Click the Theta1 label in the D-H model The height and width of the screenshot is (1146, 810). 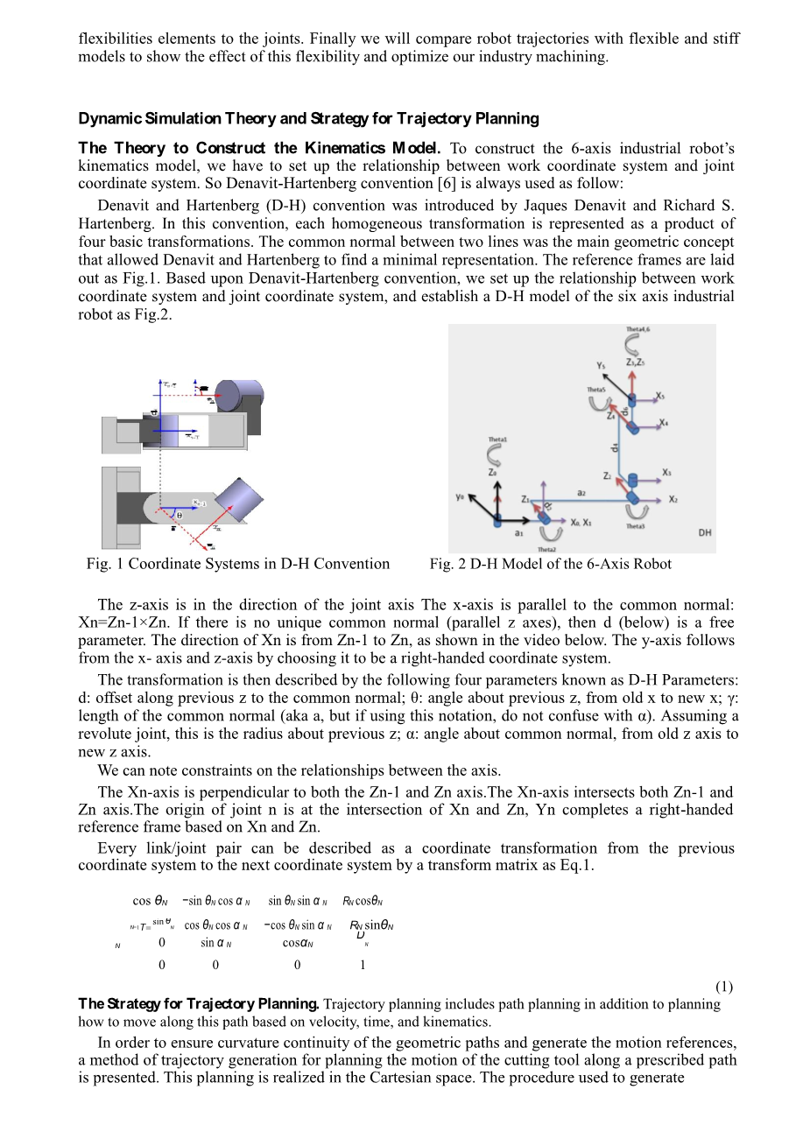(x=497, y=439)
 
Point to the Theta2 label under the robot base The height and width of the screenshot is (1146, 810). (x=547, y=549)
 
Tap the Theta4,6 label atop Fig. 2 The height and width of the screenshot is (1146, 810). (x=637, y=330)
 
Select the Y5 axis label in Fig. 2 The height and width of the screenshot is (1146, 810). (x=600, y=365)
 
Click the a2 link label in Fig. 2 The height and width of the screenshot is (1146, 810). (x=581, y=493)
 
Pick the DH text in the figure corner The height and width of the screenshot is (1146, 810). (x=705, y=533)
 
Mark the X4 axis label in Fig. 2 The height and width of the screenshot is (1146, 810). (x=664, y=424)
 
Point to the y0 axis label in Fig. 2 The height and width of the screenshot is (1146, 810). (x=460, y=497)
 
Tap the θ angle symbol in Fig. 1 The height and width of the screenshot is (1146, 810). (x=180, y=516)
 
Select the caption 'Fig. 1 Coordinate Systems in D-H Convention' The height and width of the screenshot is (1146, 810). (x=238, y=564)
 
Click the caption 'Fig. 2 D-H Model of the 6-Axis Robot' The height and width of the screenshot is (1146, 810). (x=550, y=564)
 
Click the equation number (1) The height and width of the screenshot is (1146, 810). (x=724, y=986)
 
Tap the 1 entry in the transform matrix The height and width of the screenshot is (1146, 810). (x=363, y=965)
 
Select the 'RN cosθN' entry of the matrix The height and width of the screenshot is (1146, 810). (x=363, y=901)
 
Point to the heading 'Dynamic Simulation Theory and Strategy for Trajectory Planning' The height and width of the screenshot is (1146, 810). (x=308, y=118)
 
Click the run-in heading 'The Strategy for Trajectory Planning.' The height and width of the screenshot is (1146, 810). (x=199, y=1004)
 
